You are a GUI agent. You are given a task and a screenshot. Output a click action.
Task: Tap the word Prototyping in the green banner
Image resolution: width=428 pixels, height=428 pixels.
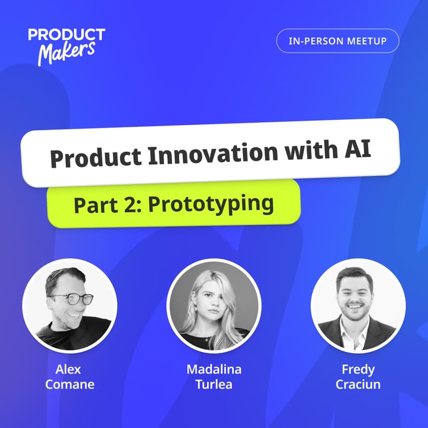point(211,204)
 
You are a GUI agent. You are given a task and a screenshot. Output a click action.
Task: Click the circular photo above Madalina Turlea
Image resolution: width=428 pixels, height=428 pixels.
point(214,307)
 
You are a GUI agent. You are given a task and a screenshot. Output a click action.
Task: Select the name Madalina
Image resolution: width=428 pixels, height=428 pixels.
point(214,369)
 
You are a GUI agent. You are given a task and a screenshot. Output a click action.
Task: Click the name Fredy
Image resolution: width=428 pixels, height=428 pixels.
point(358,369)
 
